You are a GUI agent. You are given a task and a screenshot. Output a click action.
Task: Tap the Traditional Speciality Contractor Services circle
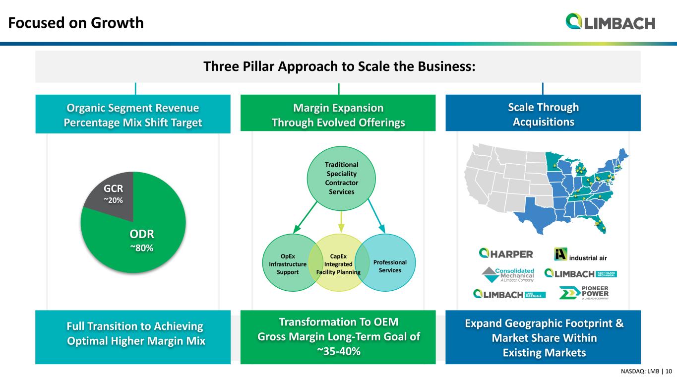(341, 179)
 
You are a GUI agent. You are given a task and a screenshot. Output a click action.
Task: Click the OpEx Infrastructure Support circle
(287, 263)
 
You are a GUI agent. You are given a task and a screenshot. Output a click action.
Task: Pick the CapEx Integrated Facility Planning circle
(339, 263)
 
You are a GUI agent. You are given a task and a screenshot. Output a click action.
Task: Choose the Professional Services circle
(385, 263)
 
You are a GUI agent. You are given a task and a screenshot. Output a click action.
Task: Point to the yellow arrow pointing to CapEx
(341, 222)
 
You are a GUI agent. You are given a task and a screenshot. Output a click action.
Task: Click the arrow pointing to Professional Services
(376, 216)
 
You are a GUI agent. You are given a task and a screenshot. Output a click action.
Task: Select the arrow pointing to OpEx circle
(305, 218)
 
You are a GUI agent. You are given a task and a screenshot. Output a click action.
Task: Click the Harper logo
(506, 254)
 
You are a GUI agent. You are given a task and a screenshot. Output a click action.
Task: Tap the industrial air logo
(580, 254)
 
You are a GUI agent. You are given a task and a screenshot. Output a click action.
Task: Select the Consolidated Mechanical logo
(508, 274)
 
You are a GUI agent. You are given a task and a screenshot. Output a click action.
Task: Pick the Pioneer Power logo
(584, 292)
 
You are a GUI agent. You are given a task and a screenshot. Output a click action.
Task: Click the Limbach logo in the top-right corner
(611, 21)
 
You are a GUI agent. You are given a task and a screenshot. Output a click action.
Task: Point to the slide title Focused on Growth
(76, 23)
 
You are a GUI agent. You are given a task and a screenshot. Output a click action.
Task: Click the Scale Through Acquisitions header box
(543, 113)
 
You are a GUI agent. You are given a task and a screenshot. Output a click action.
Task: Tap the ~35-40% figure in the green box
(338, 351)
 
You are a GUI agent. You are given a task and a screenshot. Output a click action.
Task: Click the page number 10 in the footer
(669, 371)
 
